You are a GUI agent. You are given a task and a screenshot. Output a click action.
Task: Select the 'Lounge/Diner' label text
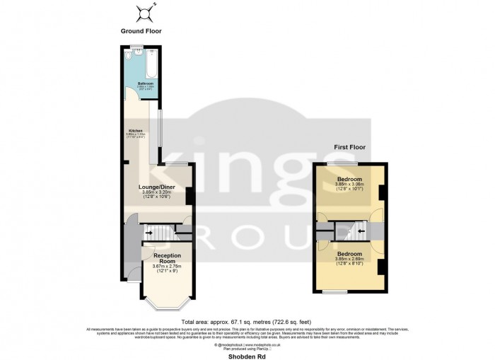click(158, 187)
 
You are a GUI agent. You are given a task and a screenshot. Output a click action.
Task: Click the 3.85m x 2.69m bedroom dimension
click(349, 259)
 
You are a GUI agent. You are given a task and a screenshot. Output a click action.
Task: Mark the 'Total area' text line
click(247, 321)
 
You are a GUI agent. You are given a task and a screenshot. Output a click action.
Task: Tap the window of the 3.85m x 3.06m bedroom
click(336, 164)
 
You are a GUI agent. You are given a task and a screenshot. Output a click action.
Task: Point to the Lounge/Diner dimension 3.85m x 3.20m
click(158, 192)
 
